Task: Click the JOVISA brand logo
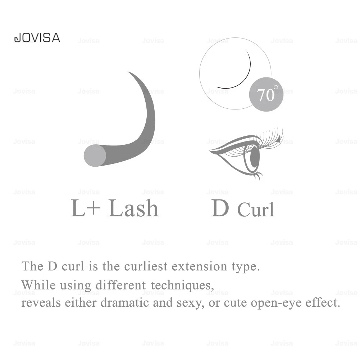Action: (37, 38)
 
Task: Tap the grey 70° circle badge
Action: (266, 94)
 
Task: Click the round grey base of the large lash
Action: (95, 156)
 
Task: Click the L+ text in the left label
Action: (86, 208)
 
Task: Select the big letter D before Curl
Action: (220, 208)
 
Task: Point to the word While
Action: (38, 285)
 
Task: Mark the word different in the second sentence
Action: (120, 285)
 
